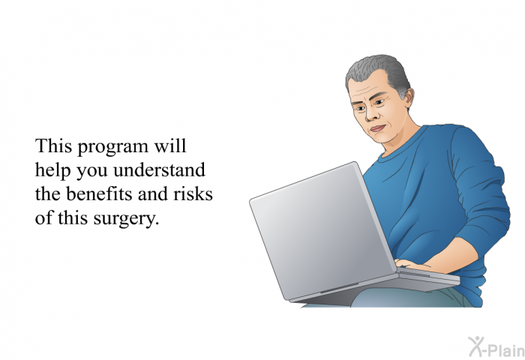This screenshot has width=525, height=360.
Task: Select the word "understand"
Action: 159,169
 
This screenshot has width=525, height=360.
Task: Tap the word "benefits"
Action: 100,194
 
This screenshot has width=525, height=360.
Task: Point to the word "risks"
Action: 193,194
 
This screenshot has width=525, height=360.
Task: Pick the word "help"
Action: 53,171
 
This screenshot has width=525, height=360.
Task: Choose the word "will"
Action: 169,146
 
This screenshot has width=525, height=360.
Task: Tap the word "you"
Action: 92,172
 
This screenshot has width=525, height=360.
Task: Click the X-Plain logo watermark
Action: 496,346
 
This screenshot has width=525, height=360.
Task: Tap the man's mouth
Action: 378,128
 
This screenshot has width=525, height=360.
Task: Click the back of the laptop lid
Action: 322,231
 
